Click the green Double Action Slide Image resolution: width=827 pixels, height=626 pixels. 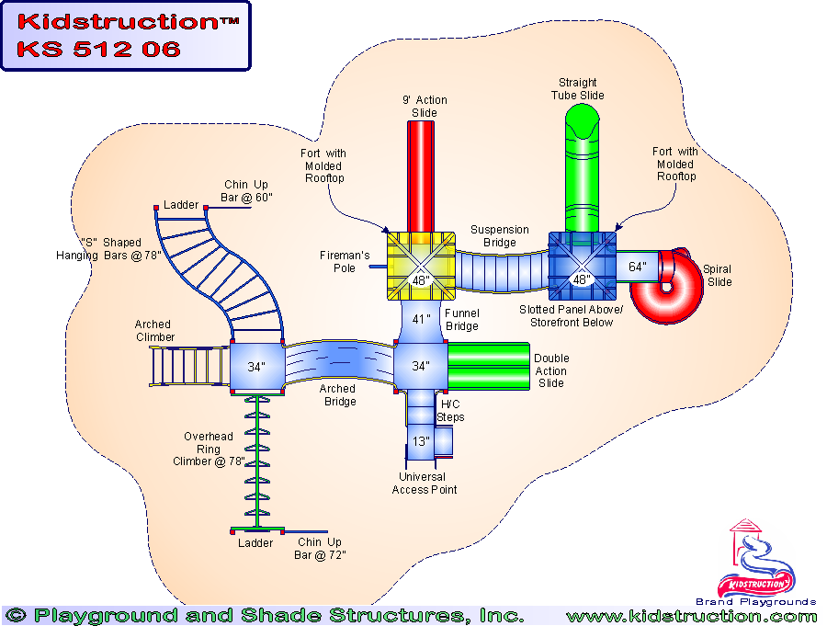489,366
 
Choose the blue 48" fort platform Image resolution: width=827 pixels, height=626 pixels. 582,266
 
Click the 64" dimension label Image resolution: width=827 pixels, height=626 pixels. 636,267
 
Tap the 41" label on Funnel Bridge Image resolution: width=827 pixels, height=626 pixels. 421,320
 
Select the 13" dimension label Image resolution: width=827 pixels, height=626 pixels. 421,440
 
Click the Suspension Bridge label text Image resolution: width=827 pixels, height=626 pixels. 500,236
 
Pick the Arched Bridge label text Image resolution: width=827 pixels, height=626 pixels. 337,395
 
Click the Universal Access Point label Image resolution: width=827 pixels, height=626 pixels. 424,484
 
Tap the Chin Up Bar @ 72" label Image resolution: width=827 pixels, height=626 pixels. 322,549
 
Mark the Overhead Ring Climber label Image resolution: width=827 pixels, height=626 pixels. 209,449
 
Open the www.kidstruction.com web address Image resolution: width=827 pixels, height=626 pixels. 691,616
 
